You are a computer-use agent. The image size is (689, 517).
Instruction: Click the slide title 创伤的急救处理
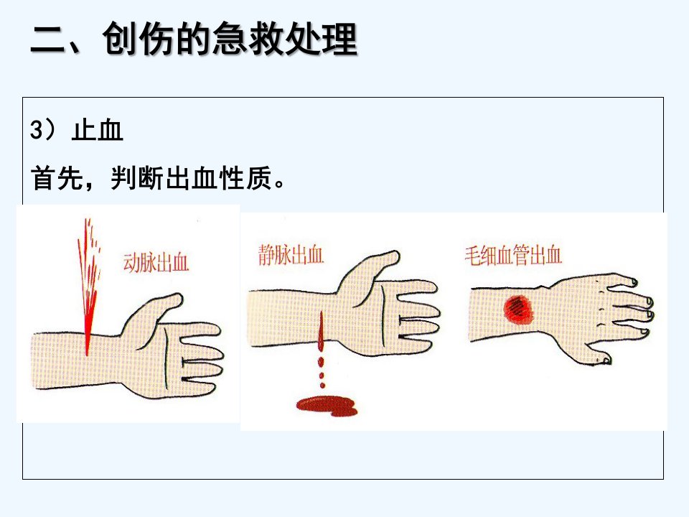click(230, 39)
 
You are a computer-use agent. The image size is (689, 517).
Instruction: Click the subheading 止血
click(97, 131)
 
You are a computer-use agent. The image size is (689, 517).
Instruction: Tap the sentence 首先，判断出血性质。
click(159, 178)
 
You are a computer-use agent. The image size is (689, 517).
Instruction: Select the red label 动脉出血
click(156, 263)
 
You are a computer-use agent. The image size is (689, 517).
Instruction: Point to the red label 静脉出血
click(291, 255)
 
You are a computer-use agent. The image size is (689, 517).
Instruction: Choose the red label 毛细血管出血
click(513, 256)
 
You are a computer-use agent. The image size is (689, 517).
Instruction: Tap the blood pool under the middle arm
click(327, 406)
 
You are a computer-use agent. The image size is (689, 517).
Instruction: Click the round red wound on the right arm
click(518, 309)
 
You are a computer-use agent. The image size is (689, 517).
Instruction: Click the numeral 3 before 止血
click(37, 131)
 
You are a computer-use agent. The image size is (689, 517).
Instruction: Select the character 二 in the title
click(49, 40)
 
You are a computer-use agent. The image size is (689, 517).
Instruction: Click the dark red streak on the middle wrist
click(321, 332)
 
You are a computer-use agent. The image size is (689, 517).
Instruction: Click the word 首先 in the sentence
click(57, 178)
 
